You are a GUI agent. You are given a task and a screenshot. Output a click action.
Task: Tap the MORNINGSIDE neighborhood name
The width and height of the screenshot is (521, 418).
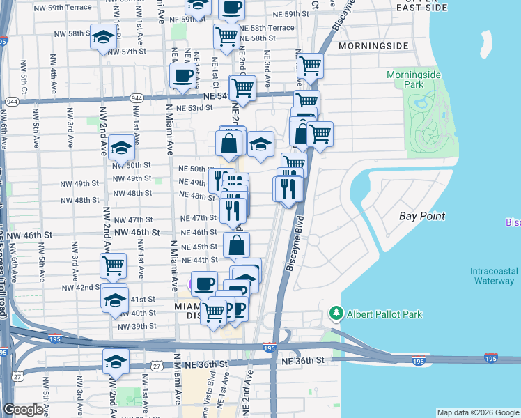pos(373,46)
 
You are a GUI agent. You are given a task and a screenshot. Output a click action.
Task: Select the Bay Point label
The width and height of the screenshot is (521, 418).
pos(422,216)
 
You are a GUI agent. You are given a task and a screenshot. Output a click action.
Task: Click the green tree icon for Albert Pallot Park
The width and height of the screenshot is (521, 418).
pos(337,313)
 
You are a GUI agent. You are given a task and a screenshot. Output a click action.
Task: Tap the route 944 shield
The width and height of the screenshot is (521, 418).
pos(12,102)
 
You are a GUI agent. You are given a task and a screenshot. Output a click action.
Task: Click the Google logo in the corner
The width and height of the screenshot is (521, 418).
pos(24,410)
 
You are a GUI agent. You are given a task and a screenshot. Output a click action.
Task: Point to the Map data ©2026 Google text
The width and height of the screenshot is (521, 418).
pos(478,412)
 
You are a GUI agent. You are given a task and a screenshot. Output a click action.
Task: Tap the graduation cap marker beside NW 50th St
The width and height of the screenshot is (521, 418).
pos(121,147)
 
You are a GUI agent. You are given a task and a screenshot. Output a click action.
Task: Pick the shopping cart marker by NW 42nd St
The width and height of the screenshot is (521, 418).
pos(112,265)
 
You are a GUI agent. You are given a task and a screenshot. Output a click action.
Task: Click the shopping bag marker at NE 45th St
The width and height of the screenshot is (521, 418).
pos(236,245)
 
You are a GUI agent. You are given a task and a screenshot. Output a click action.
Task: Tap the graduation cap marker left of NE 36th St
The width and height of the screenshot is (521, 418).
pos(116,362)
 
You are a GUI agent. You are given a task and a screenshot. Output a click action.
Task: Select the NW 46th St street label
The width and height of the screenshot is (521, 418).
pos(137,232)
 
